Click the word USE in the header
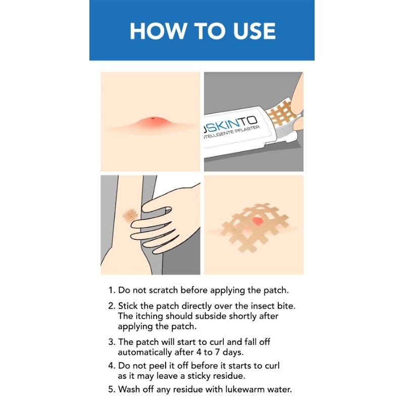254,31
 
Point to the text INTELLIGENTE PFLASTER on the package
231,133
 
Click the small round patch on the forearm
130,216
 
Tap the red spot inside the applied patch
257,221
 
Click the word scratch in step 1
164,290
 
